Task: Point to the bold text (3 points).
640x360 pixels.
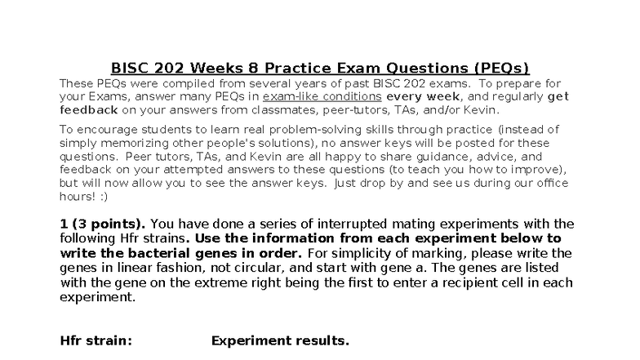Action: [x=109, y=224]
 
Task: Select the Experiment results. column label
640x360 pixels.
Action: [x=280, y=340]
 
